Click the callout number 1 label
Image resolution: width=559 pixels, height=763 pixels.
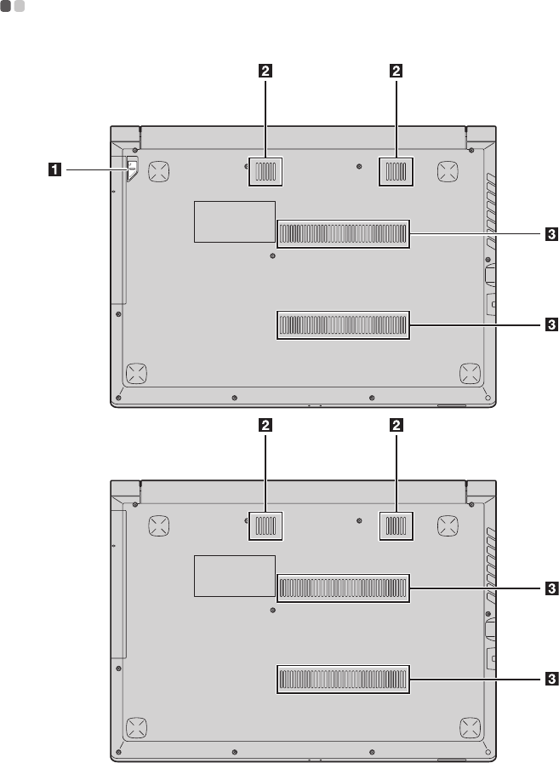(54, 170)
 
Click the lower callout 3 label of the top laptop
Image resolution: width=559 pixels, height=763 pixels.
(551, 324)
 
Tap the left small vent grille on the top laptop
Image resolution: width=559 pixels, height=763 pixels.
(265, 172)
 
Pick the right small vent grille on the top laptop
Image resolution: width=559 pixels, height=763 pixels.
(396, 172)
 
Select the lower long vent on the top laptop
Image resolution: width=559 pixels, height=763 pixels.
(344, 324)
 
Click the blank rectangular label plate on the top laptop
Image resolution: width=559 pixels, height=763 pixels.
(234, 221)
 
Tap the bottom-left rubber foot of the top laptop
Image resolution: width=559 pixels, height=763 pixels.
(134, 372)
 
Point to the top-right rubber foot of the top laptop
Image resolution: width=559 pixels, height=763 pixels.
(448, 171)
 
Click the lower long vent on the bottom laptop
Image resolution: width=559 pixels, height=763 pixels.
(344, 679)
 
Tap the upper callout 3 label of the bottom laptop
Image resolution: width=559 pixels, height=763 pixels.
(551, 588)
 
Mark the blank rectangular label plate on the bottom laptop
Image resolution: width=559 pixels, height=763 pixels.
(234, 576)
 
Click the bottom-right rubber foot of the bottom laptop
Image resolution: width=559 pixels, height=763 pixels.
(469, 726)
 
